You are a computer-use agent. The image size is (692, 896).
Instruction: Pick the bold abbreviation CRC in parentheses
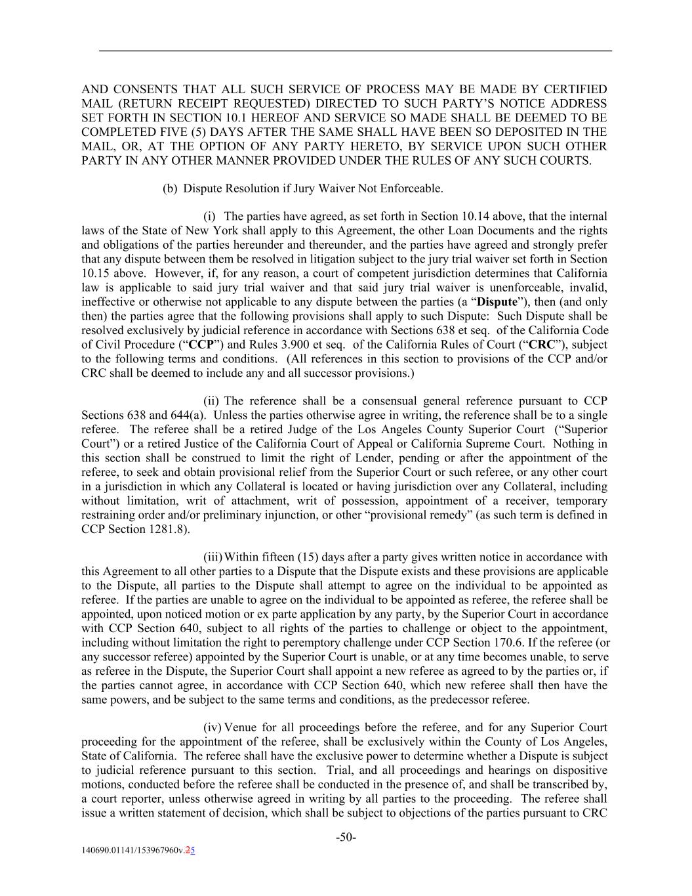pyautogui.click(x=540, y=345)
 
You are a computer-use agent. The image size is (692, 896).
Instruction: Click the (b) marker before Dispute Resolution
pyautogui.click(x=170, y=189)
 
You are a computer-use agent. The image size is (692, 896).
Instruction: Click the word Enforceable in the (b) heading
pyautogui.click(x=414, y=189)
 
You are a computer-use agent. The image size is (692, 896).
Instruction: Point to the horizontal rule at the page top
pyautogui.click(x=355, y=51)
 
